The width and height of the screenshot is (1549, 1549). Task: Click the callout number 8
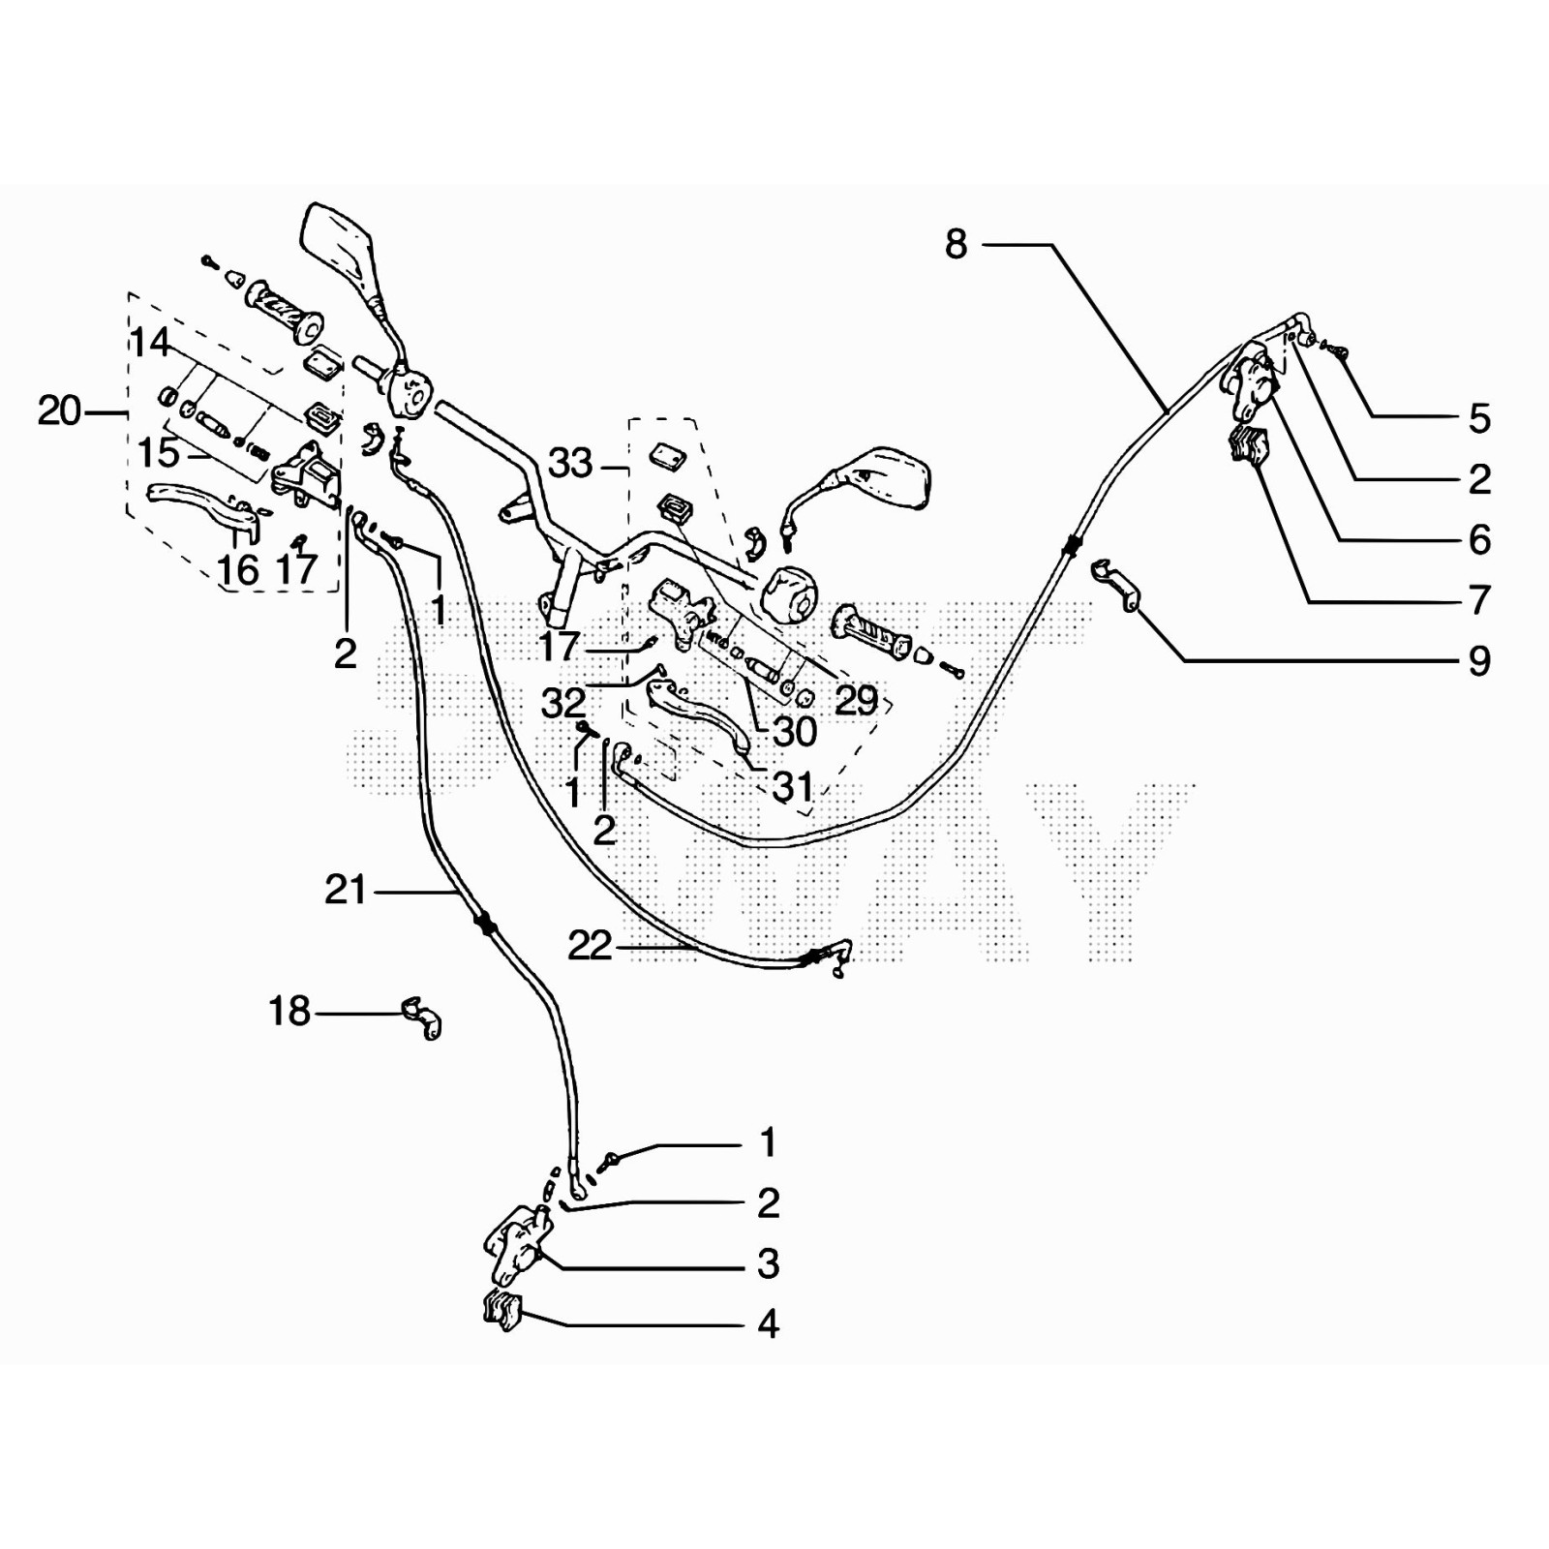click(956, 244)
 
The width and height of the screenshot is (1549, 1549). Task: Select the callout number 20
click(58, 411)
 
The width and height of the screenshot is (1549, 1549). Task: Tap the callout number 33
click(570, 464)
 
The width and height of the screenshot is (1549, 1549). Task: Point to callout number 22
click(590, 946)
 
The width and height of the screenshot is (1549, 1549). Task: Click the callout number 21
click(346, 890)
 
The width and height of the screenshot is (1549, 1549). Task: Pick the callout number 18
click(289, 1012)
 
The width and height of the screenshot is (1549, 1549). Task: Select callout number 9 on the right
click(1478, 661)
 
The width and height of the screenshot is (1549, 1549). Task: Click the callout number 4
click(768, 1323)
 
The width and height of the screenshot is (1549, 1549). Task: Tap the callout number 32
click(562, 704)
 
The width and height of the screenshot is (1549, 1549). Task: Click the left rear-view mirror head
click(337, 242)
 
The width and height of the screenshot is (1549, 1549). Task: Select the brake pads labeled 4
click(502, 1311)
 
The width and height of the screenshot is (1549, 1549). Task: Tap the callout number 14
click(150, 342)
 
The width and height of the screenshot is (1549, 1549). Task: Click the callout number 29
click(856, 700)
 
